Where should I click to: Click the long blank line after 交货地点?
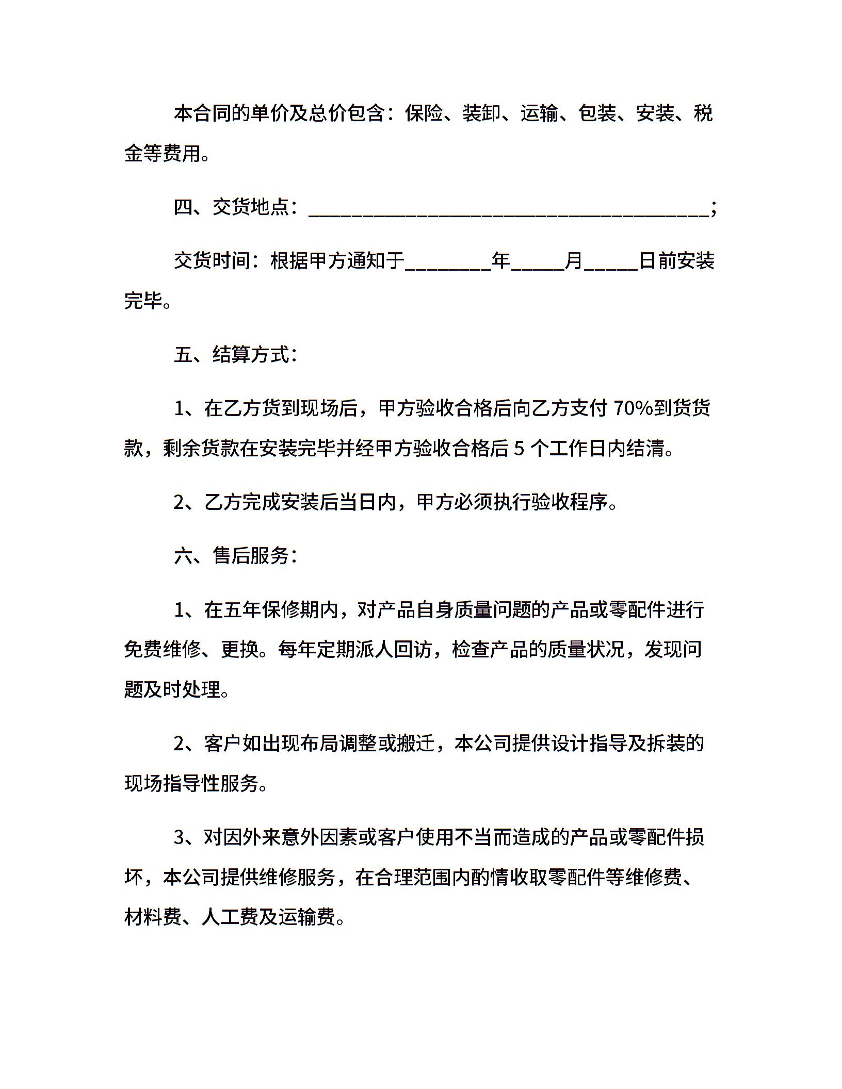tap(508, 210)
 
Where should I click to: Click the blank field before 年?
tap(448, 263)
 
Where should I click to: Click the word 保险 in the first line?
tap(424, 113)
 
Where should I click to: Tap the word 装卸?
tap(482, 113)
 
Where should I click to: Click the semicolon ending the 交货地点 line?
tap(714, 208)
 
